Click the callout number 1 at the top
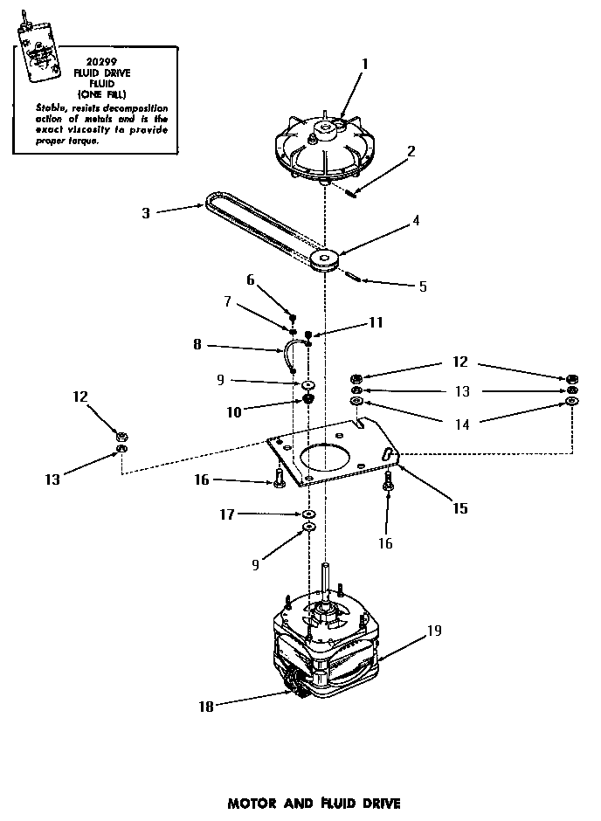click(364, 63)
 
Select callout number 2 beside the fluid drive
click(411, 150)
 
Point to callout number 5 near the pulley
click(423, 286)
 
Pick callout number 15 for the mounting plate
click(459, 507)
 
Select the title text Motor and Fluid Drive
click(301, 801)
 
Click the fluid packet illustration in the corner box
click(39, 54)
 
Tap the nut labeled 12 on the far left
click(123, 434)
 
